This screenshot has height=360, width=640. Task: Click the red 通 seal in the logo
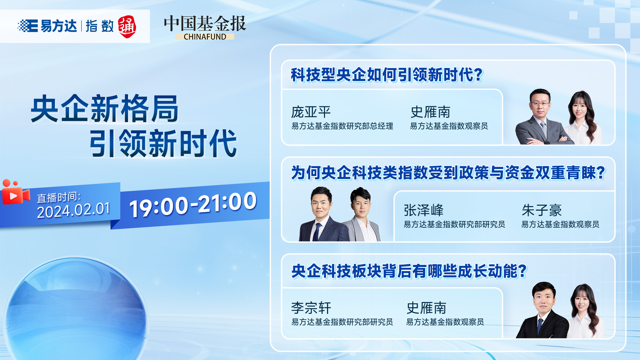(127, 27)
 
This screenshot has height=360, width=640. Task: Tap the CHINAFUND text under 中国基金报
(205, 37)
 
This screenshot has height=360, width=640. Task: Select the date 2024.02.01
(73, 210)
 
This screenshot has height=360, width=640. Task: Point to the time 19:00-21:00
(193, 204)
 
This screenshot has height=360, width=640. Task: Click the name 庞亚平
(311, 112)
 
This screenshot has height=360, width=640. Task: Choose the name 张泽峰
(423, 210)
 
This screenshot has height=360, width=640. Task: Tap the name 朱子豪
(542, 210)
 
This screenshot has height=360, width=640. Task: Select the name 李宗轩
(311, 308)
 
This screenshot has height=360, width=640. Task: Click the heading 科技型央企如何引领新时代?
(387, 75)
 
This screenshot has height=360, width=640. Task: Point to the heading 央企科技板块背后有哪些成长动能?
(409, 271)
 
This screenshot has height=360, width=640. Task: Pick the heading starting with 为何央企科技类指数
(448, 173)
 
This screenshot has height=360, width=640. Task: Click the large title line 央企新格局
(105, 109)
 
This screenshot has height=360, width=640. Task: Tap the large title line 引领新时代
(163, 143)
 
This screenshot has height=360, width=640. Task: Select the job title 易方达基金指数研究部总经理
(342, 126)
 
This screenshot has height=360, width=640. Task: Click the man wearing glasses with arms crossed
(542, 117)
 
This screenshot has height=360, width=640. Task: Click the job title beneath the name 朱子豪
(560, 224)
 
